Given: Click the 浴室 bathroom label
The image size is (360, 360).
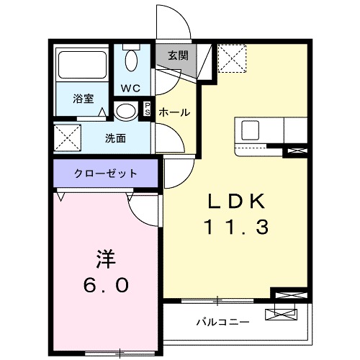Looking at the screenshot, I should (84, 99).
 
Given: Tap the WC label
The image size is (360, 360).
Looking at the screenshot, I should (130, 89).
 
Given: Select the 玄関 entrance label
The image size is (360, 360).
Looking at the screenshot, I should (178, 55).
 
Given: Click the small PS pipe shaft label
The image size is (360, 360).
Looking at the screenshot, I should (148, 110).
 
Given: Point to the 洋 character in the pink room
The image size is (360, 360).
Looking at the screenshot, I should (105, 258).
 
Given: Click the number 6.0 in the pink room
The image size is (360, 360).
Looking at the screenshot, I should (104, 285).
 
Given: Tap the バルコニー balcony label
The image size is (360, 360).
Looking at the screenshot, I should (223, 322).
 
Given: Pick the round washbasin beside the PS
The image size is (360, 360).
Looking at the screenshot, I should (125, 112).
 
